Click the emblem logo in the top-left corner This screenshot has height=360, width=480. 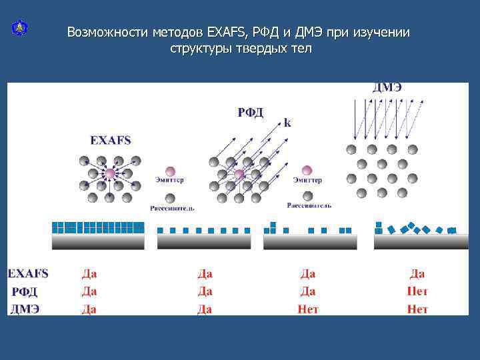[19, 29]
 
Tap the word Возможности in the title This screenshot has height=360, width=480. [107, 33]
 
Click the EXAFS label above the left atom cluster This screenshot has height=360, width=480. [111, 140]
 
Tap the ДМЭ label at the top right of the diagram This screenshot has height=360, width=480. [387, 87]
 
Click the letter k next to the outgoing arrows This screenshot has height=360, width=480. [287, 123]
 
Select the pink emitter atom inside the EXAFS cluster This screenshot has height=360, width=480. [109, 174]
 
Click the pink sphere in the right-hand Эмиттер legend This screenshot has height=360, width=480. [307, 171]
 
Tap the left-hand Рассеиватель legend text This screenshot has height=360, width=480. [171, 208]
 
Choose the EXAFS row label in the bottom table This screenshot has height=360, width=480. [28, 273]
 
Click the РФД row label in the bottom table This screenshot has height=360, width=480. [25, 291]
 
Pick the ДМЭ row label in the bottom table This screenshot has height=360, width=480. [25, 309]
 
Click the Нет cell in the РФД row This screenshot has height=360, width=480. [417, 291]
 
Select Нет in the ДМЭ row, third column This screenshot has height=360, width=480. [308, 309]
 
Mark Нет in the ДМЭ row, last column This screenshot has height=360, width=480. [417, 309]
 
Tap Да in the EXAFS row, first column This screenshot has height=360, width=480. [89, 273]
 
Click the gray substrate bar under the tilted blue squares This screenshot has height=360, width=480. [421, 242]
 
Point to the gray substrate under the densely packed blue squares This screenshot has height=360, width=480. [98, 241]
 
